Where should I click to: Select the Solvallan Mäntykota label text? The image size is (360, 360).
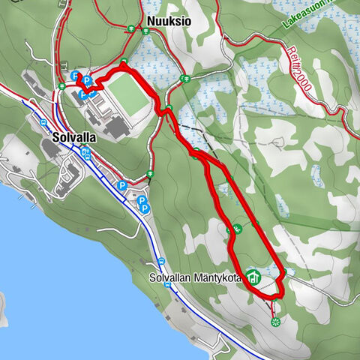pyautogui.click(x=196, y=278)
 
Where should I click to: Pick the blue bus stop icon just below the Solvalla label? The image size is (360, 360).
pyautogui.click(x=86, y=154)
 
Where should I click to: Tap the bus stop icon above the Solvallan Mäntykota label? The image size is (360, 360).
pyautogui.click(x=161, y=261)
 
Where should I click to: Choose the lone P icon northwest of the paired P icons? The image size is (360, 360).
pyautogui.click(x=121, y=184)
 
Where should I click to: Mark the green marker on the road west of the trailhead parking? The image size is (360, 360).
pyautogui.click(x=61, y=86)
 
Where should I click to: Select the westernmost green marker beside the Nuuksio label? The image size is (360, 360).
pyautogui.click(x=131, y=29)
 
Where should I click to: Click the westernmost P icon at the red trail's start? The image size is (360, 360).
pyautogui.click(x=74, y=76)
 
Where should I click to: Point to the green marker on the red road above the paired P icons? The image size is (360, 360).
pyautogui.click(x=150, y=174)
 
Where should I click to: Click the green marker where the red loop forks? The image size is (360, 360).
pyautogui.click(x=196, y=154)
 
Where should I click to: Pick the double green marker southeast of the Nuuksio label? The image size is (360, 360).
pyautogui.click(x=184, y=78)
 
